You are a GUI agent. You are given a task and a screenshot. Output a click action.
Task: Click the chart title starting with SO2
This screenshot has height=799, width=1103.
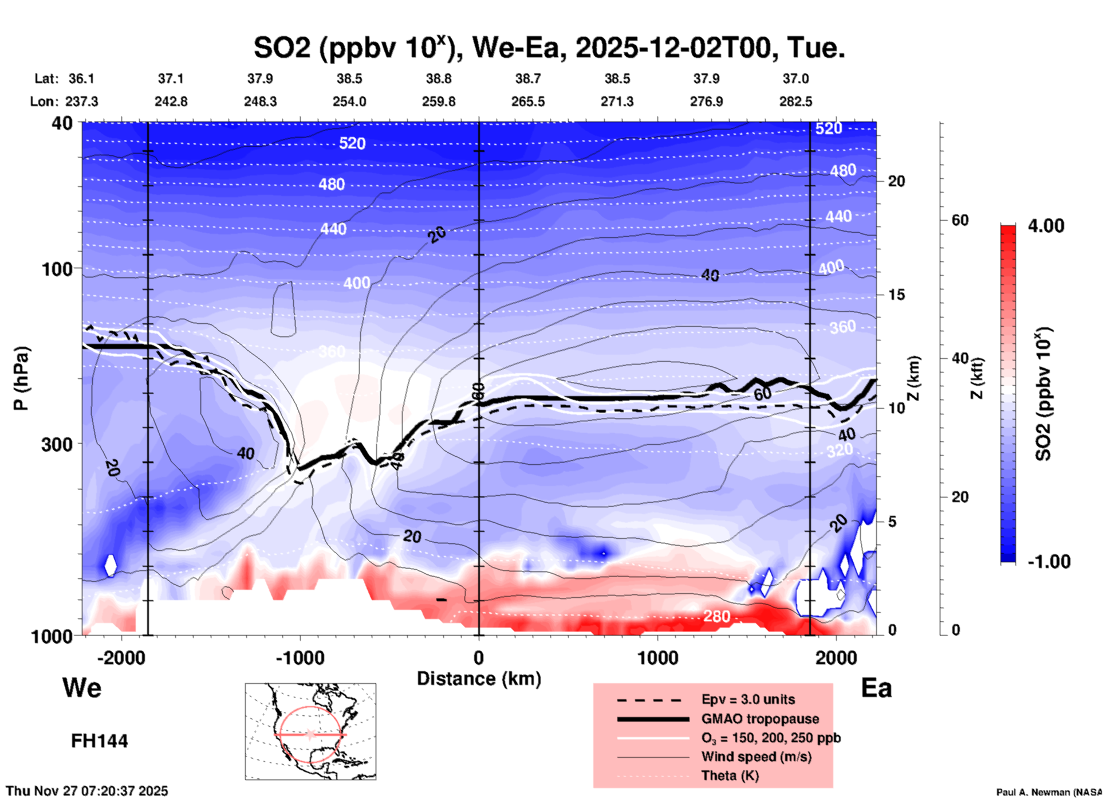(x=549, y=48)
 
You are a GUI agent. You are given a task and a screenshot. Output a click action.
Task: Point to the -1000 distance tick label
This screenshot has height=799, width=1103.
(x=300, y=658)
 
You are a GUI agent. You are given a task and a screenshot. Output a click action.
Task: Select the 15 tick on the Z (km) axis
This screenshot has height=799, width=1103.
(x=896, y=295)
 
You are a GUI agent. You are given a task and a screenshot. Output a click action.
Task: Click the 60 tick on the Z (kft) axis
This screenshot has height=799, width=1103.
(x=960, y=221)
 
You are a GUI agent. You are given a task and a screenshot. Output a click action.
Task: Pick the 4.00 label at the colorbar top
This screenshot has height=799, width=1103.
(x=1046, y=226)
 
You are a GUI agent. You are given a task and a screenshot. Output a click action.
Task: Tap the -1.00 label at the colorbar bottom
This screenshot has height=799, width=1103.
(x=1049, y=562)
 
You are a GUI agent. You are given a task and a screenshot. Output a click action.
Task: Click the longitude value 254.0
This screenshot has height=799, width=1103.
(x=349, y=101)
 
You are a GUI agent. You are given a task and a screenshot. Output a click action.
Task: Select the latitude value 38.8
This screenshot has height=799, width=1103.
(x=439, y=79)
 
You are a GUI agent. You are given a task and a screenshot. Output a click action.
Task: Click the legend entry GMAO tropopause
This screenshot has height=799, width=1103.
(x=760, y=719)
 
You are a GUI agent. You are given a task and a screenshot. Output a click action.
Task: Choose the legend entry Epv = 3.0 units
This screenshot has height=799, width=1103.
(x=748, y=699)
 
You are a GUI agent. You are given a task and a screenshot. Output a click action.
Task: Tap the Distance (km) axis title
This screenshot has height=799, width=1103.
(x=479, y=679)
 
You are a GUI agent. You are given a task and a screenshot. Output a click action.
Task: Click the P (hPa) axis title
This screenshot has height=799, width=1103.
(x=21, y=378)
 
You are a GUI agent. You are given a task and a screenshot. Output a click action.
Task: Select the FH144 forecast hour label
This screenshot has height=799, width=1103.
(x=99, y=741)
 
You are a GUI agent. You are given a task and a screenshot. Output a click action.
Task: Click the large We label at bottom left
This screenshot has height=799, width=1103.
(x=82, y=687)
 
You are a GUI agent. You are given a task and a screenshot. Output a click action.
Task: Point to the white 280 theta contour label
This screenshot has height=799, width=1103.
(x=716, y=616)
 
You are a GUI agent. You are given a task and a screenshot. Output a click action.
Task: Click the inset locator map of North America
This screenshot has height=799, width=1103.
(x=310, y=731)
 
